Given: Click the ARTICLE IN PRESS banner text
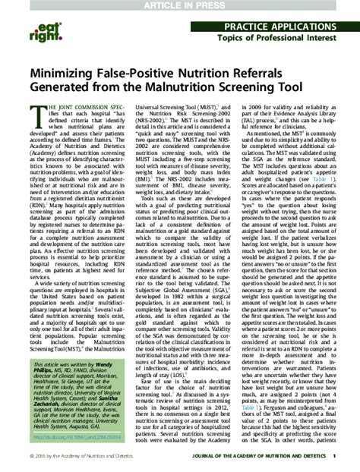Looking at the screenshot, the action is pos(179,5).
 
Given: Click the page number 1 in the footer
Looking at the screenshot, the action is pos(334,455).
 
